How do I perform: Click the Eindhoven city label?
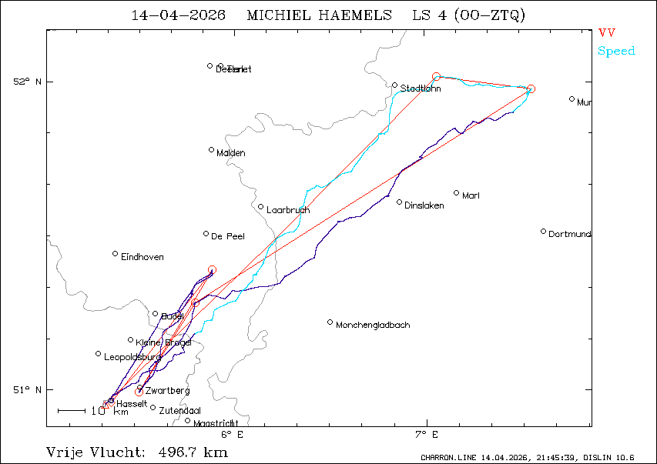(x=142, y=257)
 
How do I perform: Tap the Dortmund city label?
(x=570, y=233)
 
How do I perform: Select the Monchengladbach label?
(x=373, y=325)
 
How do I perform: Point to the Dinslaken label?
(x=424, y=205)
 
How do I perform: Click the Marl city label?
(x=471, y=195)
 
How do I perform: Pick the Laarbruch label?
(x=288, y=210)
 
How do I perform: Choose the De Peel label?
(x=228, y=236)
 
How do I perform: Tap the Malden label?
(x=231, y=153)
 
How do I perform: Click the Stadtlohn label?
(x=421, y=88)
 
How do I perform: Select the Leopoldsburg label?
(x=132, y=357)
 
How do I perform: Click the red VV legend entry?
(x=607, y=33)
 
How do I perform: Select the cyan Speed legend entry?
(x=616, y=52)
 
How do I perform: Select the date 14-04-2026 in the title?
(x=178, y=15)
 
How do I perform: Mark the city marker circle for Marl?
(x=457, y=193)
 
